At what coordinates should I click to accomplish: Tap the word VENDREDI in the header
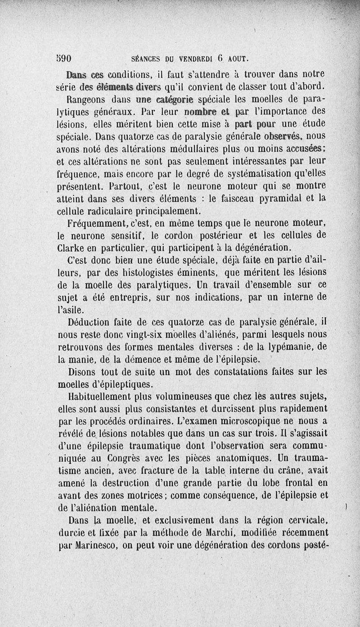coord(197,59)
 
